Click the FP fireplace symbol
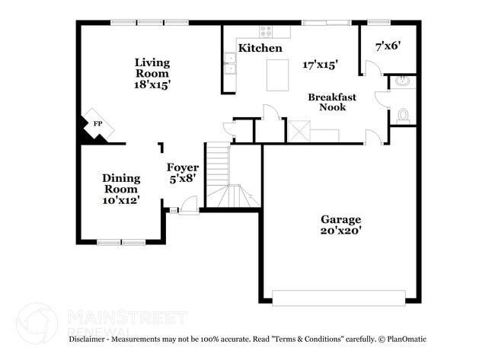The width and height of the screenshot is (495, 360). click(x=97, y=124)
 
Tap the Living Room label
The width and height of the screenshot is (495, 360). click(x=152, y=68)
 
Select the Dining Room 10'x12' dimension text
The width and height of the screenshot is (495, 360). click(x=121, y=200)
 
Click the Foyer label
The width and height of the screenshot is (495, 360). click(x=183, y=167)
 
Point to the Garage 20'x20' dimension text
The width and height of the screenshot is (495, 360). click(x=340, y=231)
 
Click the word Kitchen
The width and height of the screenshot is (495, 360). click(x=260, y=48)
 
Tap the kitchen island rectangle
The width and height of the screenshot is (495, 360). click(x=277, y=75)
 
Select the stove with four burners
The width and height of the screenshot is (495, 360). click(x=265, y=31)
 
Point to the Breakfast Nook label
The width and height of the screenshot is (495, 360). click(x=327, y=102)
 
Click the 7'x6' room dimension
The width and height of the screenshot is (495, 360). click(x=388, y=46)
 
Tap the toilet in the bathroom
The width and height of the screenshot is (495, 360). click(x=404, y=116)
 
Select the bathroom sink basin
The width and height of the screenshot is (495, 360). click(x=404, y=81)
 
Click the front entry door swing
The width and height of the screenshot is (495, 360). click(x=189, y=204)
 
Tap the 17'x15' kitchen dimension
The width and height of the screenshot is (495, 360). click(x=320, y=65)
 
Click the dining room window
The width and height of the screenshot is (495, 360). click(x=121, y=242)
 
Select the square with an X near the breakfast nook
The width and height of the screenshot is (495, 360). click(x=299, y=131)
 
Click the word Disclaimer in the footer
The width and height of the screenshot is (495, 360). click(x=89, y=339)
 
